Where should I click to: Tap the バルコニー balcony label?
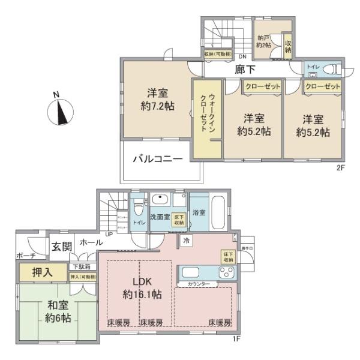coord(157,160)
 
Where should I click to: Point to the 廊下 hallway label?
coord(242,70)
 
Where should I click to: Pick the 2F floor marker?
coord(341,169)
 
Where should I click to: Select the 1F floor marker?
coord(236,338)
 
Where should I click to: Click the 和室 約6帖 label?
coord(56,311)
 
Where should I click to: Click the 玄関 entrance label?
coord(61,245)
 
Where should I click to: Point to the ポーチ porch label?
coord(26,256)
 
